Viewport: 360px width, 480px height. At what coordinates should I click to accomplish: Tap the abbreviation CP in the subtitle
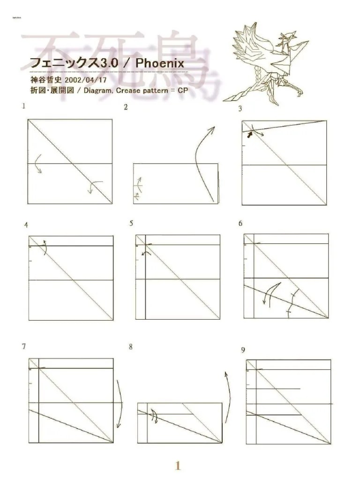click(x=182, y=90)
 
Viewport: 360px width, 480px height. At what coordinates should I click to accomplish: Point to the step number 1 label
click(x=22, y=106)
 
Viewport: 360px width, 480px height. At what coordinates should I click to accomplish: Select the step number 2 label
click(x=126, y=107)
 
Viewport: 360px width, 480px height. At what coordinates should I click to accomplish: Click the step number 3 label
click(x=240, y=109)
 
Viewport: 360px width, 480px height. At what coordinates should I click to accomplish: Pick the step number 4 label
click(x=26, y=225)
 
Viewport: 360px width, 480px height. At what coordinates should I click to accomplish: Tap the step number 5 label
click(x=132, y=224)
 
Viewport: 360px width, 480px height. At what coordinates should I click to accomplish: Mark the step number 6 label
click(x=240, y=224)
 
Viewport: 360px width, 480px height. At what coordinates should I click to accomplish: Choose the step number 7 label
click(x=23, y=347)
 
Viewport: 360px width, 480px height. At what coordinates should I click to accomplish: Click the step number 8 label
click(x=131, y=347)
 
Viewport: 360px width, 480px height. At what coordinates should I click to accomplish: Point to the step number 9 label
click(x=243, y=350)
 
